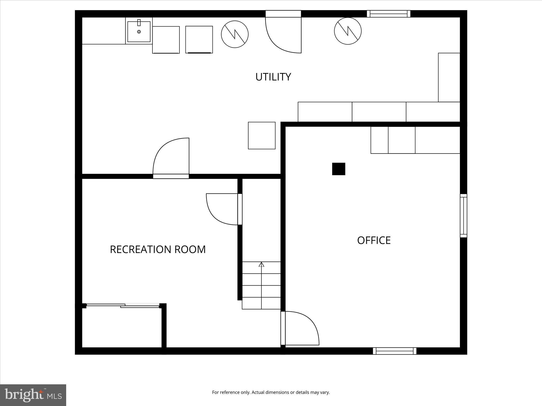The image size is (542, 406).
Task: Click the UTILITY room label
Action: (x=273, y=77)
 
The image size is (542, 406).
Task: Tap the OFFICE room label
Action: (x=374, y=240)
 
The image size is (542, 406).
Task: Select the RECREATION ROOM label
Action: (x=158, y=250)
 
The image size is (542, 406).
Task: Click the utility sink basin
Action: (x=139, y=32)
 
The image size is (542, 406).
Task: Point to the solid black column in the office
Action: (x=338, y=169)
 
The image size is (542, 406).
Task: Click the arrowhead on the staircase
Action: (x=261, y=264)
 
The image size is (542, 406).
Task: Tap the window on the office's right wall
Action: (x=463, y=216)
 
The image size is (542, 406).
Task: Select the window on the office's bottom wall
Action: (x=394, y=351)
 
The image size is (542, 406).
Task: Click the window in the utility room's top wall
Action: (x=388, y=14)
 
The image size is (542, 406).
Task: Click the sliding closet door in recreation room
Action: (x=123, y=306)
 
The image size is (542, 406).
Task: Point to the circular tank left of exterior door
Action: (x=235, y=34)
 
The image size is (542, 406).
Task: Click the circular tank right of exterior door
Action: (x=348, y=31)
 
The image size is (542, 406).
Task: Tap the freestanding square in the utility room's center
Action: (x=261, y=136)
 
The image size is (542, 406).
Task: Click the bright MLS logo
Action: (x=33, y=395)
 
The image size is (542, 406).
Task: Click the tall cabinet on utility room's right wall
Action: (x=449, y=77)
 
